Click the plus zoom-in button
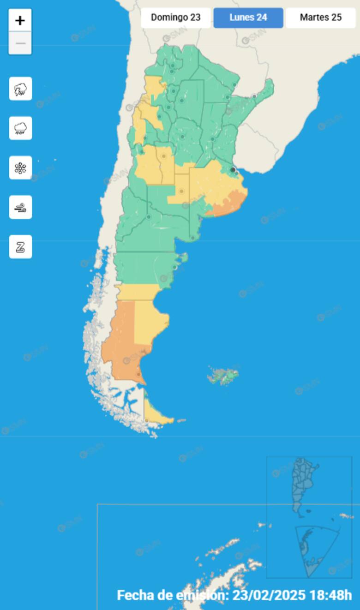(x=20, y=20)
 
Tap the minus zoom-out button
(x=20, y=43)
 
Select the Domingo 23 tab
(x=175, y=18)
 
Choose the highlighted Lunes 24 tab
(x=248, y=18)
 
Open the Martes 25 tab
(x=321, y=18)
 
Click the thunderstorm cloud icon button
(x=20, y=89)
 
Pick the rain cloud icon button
(x=20, y=128)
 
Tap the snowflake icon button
(x=20, y=167)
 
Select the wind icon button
(x=20, y=207)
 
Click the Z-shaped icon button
(x=20, y=246)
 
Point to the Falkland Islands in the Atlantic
(x=224, y=376)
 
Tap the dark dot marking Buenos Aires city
(x=233, y=170)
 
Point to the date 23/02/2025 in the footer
(x=269, y=595)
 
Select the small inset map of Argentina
(x=302, y=484)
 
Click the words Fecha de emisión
(x=173, y=595)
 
